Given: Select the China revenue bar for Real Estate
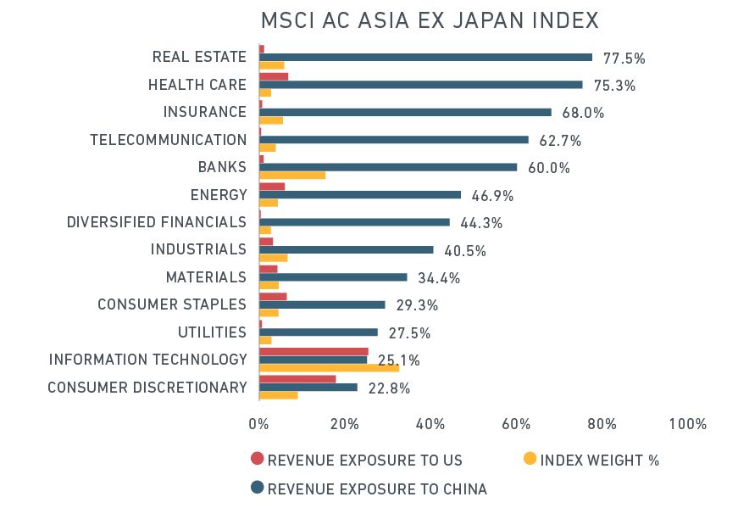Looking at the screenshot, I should (x=425, y=57).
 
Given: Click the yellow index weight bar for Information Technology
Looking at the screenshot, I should (x=329, y=368).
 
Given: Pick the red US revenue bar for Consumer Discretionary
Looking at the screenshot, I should (x=297, y=378).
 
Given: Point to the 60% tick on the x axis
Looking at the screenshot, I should (x=516, y=424).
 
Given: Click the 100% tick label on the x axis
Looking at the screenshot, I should (x=687, y=424).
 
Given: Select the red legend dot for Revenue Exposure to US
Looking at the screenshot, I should (x=258, y=460).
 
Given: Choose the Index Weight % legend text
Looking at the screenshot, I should (x=599, y=461).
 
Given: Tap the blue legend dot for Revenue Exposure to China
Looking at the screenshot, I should (x=258, y=488).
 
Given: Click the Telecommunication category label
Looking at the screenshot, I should (x=169, y=140).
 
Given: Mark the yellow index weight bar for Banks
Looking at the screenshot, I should (x=292, y=176).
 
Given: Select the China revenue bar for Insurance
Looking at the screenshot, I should (x=405, y=112).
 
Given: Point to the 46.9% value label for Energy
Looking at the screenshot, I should (x=492, y=196).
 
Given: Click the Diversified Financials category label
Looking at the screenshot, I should (x=157, y=222).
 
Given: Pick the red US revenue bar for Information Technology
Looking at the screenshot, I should (x=314, y=350).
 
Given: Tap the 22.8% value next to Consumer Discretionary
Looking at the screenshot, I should (x=389, y=388).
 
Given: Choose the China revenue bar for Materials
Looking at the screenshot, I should (x=333, y=276).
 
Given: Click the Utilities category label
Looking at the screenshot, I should (x=212, y=332).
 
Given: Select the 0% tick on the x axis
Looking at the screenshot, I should (x=258, y=424).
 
